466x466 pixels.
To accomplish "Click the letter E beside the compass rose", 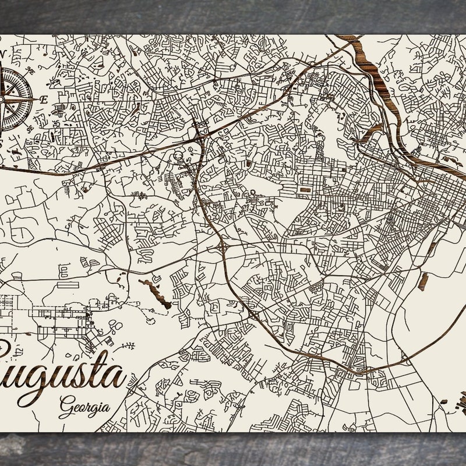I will (x=44, y=100).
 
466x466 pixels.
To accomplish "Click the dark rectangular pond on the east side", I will (x=423, y=281).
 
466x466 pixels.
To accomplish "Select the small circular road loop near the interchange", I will (x=178, y=156).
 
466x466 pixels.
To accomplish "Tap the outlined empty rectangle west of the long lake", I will (x=68, y=285).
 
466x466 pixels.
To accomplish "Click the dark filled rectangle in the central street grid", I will (x=304, y=189).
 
